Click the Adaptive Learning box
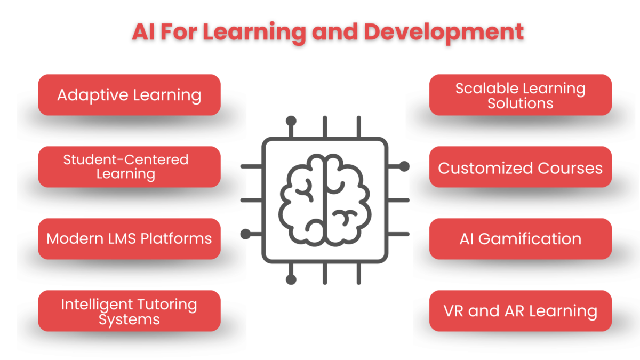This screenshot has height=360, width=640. (x=129, y=95)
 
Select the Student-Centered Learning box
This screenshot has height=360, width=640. (x=129, y=166)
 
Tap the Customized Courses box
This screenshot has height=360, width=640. (x=520, y=168)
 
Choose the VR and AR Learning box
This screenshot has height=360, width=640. (x=520, y=310)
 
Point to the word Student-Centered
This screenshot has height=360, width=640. (x=126, y=159)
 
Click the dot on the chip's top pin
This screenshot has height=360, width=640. (x=291, y=121)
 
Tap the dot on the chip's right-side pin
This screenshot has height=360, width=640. (x=404, y=166)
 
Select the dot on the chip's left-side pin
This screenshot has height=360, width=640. (x=246, y=234)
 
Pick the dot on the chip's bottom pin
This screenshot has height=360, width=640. (x=291, y=279)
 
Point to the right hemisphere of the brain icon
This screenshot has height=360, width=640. (x=346, y=200)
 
